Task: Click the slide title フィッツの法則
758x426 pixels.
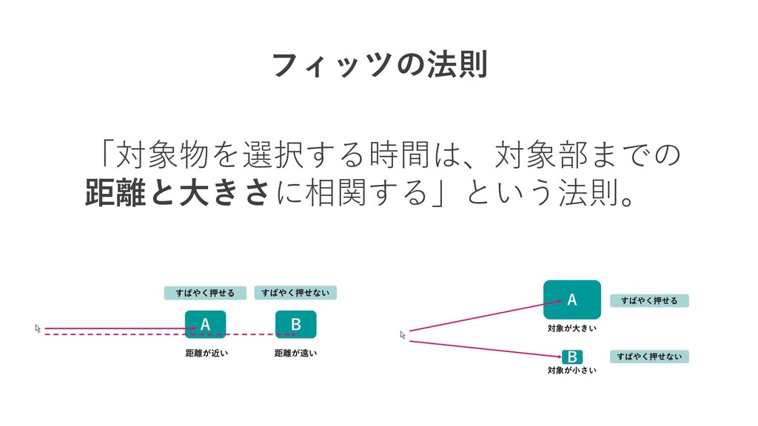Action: click(379, 67)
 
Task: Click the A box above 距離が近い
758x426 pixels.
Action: click(205, 324)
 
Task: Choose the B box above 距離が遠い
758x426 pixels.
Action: click(295, 324)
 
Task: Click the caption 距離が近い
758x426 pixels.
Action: click(206, 353)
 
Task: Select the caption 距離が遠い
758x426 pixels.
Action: click(295, 353)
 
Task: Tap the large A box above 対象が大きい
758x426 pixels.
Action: click(571, 300)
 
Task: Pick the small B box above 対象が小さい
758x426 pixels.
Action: click(572, 357)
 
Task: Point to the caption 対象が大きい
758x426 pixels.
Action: click(571, 328)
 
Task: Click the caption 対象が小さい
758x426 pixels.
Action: click(571, 370)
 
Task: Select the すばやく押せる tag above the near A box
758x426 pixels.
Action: click(205, 294)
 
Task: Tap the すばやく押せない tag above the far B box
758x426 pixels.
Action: click(295, 294)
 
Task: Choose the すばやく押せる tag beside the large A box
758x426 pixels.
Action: click(649, 300)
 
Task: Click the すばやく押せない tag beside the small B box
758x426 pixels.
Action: click(649, 357)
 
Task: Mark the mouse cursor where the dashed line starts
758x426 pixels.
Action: click(38, 328)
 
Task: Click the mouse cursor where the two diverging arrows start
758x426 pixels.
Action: click(403, 335)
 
